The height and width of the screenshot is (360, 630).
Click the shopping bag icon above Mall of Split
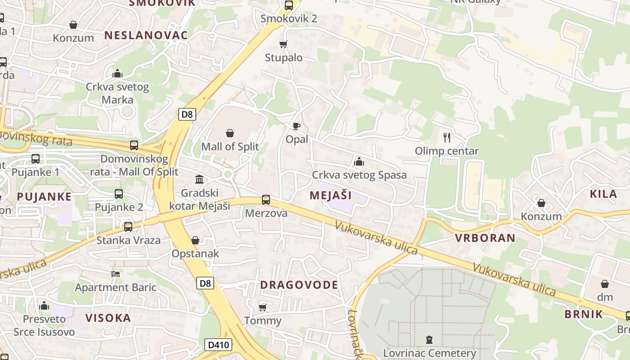pyautogui.click(x=230, y=133)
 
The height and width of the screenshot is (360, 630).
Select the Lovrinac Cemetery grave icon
pyautogui.click(x=429, y=340)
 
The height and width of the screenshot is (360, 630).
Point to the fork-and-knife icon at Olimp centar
pyautogui.click(x=447, y=137)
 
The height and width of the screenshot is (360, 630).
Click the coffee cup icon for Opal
pyautogui.click(x=296, y=126)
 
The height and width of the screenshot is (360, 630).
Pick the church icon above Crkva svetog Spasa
pyautogui.click(x=359, y=161)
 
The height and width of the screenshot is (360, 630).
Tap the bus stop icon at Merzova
pyautogui.click(x=266, y=199)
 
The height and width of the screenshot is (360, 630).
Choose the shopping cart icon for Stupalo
pyautogui.click(x=283, y=44)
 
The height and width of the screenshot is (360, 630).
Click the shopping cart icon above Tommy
pyautogui.click(x=263, y=307)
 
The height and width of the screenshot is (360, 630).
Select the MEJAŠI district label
pyautogui.click(x=331, y=195)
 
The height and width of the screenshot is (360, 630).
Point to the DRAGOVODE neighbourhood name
pyautogui.click(x=299, y=285)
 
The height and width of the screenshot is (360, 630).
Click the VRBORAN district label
pyautogui.click(x=485, y=238)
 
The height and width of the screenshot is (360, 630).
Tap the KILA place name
pyautogui.click(x=603, y=194)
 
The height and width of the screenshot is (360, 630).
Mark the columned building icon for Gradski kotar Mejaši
pyautogui.click(x=199, y=180)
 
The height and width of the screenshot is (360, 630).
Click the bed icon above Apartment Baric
pyautogui.click(x=116, y=274)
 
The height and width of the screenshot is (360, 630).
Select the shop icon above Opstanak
pyautogui.click(x=195, y=240)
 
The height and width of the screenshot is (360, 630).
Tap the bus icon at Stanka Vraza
pyautogui.click(x=128, y=226)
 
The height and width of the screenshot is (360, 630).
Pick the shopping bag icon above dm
pyautogui.click(x=605, y=284)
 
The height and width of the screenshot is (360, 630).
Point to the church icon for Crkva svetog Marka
pyautogui.click(x=117, y=73)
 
